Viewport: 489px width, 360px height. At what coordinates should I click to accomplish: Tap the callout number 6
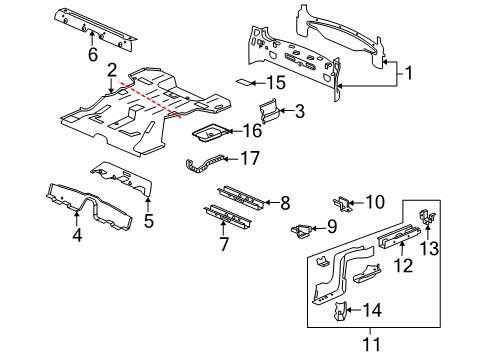tap(92, 54)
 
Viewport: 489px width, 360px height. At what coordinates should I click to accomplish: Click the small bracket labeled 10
tap(340, 204)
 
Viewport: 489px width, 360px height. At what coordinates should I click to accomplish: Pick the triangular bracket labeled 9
tap(299, 231)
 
